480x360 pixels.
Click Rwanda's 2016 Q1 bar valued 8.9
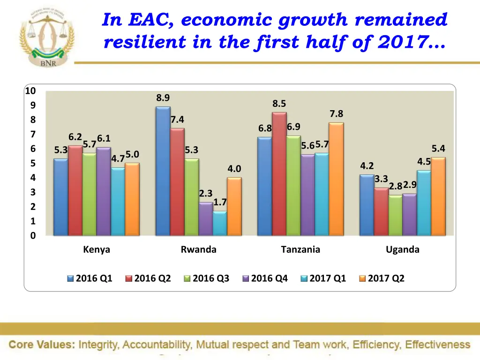coord(163,171)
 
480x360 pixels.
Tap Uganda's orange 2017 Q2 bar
coord(438,196)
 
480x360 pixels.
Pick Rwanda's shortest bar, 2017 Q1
coord(219,223)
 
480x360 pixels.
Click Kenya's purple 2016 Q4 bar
coord(103,191)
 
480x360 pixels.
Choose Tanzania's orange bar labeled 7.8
coord(336,179)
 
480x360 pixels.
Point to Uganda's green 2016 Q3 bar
coord(395,215)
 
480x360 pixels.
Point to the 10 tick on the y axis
coord(30,91)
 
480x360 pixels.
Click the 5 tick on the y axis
coord(33,164)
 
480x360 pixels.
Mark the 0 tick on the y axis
coord(33,236)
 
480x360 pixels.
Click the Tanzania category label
coord(300,250)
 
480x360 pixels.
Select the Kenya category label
coord(97,250)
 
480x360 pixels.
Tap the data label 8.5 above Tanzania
coord(279,104)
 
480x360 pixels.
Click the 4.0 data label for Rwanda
coord(234,169)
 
